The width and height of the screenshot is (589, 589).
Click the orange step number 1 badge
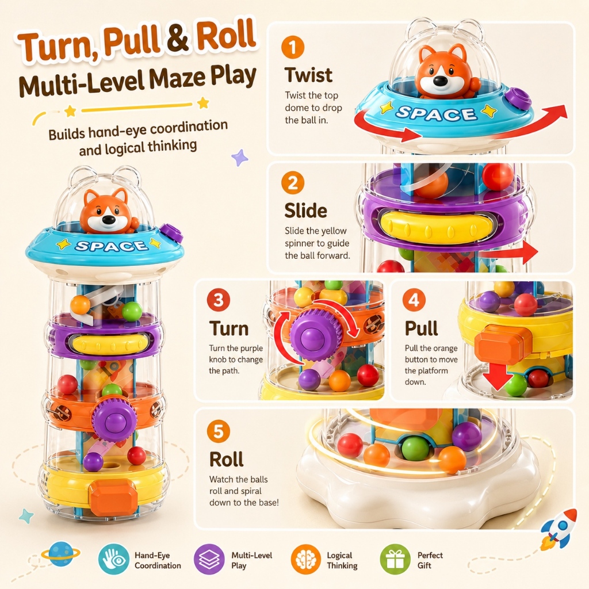coord(293,47)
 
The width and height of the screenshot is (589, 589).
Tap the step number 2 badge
coord(293,182)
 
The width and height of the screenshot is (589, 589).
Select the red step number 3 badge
coord(218,300)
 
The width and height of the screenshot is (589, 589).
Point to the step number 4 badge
coord(414,300)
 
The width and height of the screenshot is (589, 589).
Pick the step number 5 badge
coord(218,431)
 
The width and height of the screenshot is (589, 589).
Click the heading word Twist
coord(308,75)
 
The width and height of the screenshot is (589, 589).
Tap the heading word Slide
coord(306,211)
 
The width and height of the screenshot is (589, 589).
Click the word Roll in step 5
coord(227,459)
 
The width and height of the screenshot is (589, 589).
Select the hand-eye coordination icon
coord(113,559)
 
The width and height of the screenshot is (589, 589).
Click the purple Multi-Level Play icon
coord(209,559)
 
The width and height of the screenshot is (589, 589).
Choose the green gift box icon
coord(395,559)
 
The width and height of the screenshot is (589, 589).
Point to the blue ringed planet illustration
coord(61,553)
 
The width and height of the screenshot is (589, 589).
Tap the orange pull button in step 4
coord(503,345)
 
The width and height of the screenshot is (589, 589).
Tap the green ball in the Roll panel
coord(415,448)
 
